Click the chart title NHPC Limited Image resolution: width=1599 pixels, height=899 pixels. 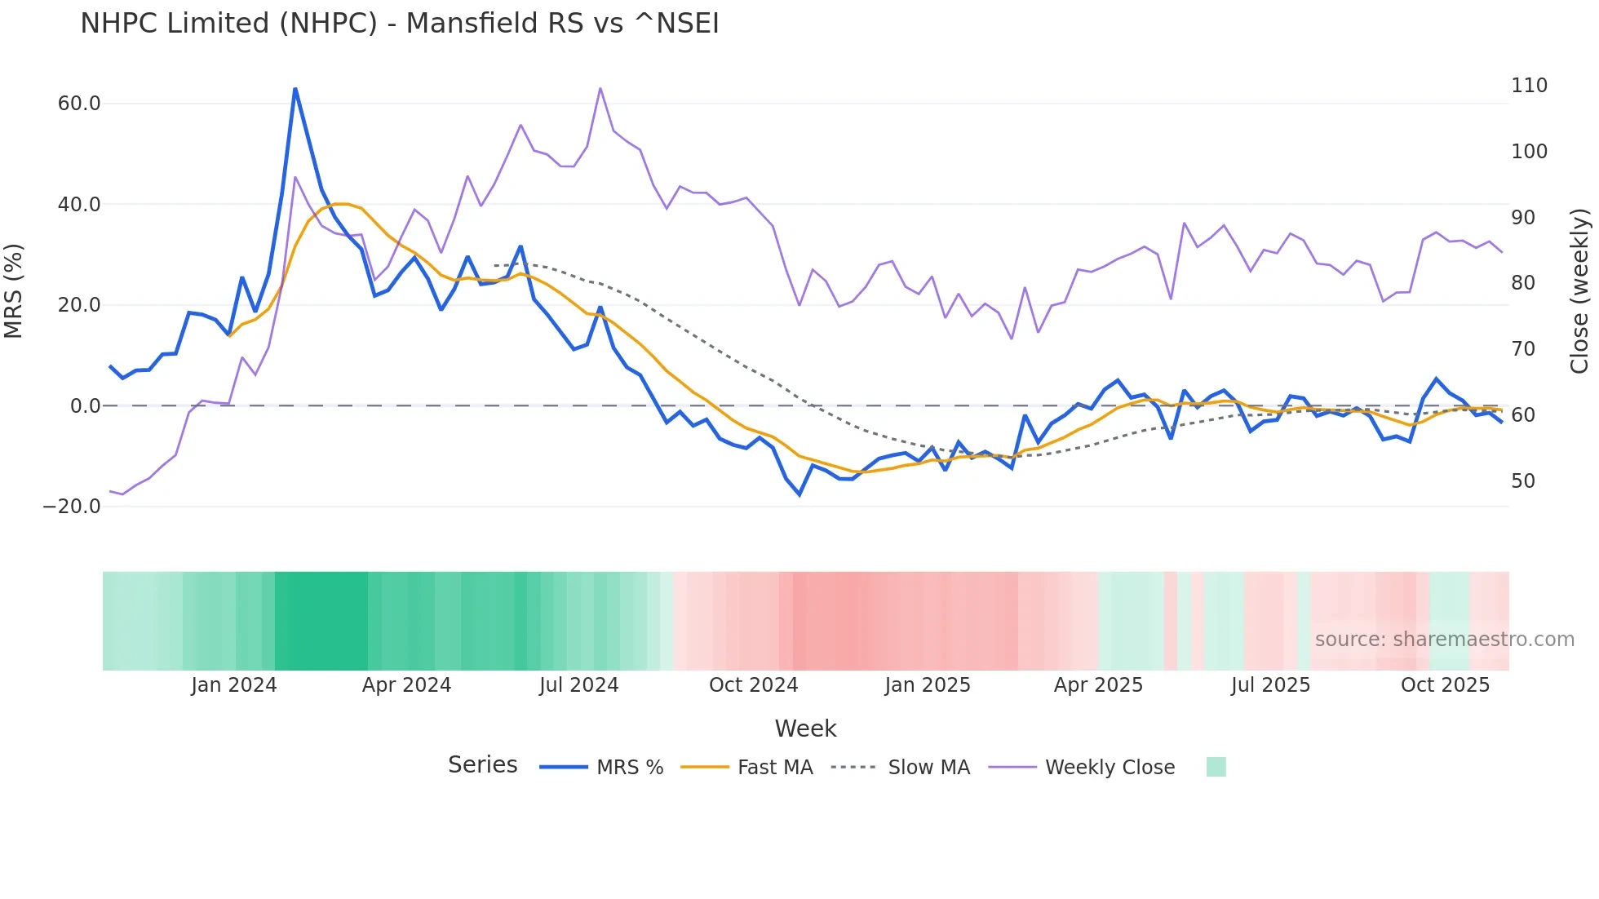pos(400,24)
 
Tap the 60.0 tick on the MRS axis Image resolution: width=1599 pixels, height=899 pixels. pos(79,104)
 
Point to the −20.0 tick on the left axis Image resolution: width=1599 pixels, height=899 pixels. pos(72,507)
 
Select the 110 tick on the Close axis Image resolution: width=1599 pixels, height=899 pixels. pos(1529,86)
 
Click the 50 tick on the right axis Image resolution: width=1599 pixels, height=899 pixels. pos(1522,481)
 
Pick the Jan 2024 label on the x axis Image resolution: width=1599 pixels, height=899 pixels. pos(234,685)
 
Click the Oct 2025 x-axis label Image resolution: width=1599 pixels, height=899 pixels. pos(1445,685)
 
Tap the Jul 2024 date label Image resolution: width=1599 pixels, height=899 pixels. pos(578,685)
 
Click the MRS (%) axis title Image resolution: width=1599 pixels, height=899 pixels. pos(14,291)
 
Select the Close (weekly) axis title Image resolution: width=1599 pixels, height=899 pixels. pos(1579,291)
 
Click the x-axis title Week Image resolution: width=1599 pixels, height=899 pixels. pos(805,728)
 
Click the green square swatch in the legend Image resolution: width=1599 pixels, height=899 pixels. pos(1216,767)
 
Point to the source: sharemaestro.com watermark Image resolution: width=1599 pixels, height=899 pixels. pos(1444,640)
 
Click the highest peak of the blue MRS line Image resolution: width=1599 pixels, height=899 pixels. pos(295,89)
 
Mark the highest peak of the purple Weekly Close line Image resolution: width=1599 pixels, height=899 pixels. pos(600,88)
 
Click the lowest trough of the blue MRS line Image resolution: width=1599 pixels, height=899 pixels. pos(799,494)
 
